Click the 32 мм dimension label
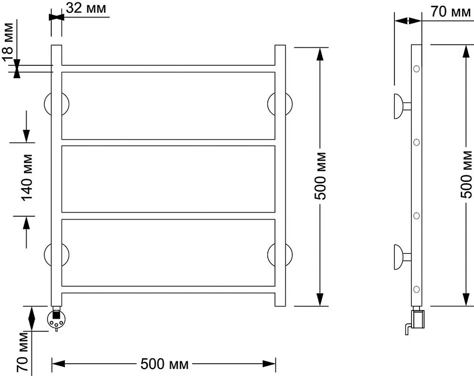click(86, 8)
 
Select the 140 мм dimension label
click(27, 178)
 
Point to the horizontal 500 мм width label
click(164, 364)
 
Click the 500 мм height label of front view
click(320, 176)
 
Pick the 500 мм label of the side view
click(467, 174)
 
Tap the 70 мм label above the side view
click(451, 12)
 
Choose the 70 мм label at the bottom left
click(23, 352)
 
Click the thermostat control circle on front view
click(56, 320)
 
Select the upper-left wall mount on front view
click(56, 104)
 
